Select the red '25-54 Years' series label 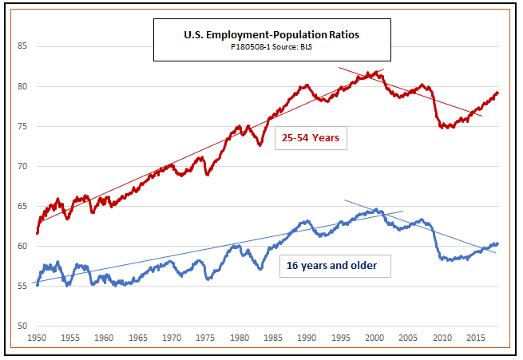click(311, 137)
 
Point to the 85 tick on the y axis click(22, 46)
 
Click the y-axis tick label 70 click(22, 166)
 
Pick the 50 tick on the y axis click(22, 326)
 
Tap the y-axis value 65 click(22, 206)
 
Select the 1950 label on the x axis click(37, 338)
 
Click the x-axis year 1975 click(206, 338)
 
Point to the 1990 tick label click(307, 338)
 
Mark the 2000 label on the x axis click(375, 338)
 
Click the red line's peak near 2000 click(376, 72)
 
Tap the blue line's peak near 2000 click(376, 210)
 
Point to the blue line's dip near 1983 click(260, 268)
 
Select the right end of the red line click(497, 93)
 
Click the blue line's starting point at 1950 click(37, 284)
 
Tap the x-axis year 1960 click(105, 338)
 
